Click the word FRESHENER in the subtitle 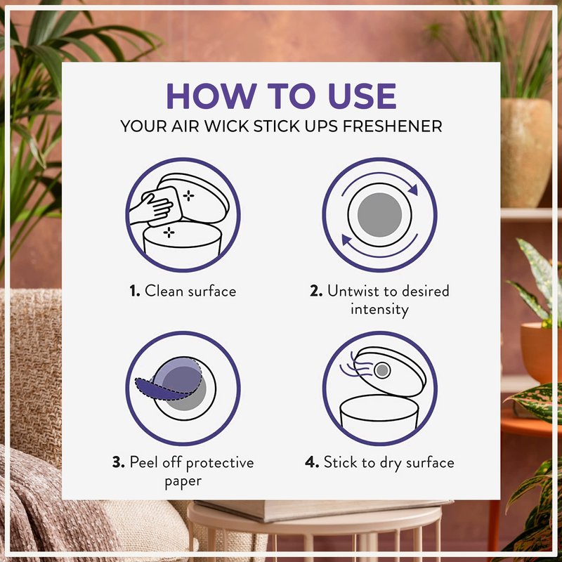(x=392, y=126)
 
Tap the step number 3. (x=118, y=462)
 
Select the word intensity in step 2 (x=379, y=309)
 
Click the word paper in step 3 (x=183, y=481)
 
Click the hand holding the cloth (x=151, y=208)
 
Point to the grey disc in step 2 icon (x=379, y=215)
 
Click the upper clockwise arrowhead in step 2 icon (x=413, y=189)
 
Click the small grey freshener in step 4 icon (x=382, y=370)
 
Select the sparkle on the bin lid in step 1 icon (x=188, y=196)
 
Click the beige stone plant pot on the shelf (x=525, y=152)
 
